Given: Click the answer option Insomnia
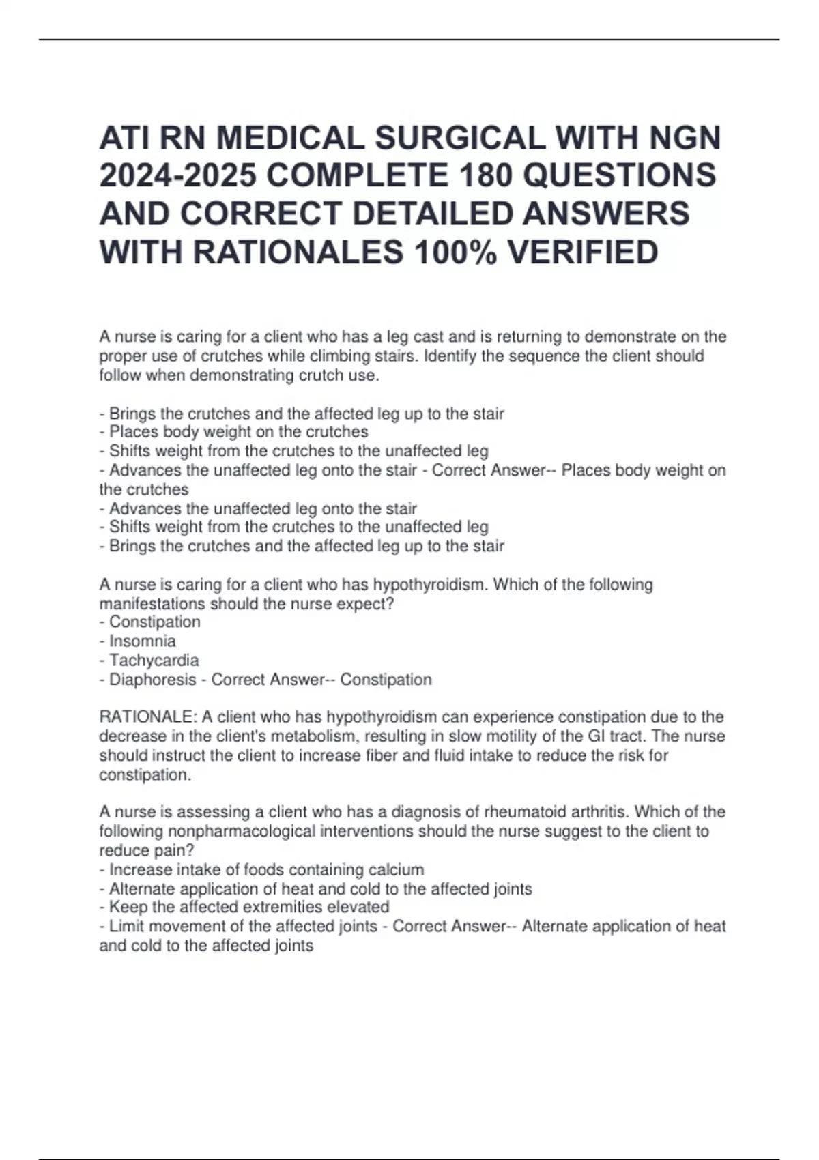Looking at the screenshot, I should click(x=142, y=641).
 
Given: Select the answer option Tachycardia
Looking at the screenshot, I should click(x=154, y=660).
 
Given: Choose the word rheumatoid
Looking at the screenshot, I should click(x=525, y=812).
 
